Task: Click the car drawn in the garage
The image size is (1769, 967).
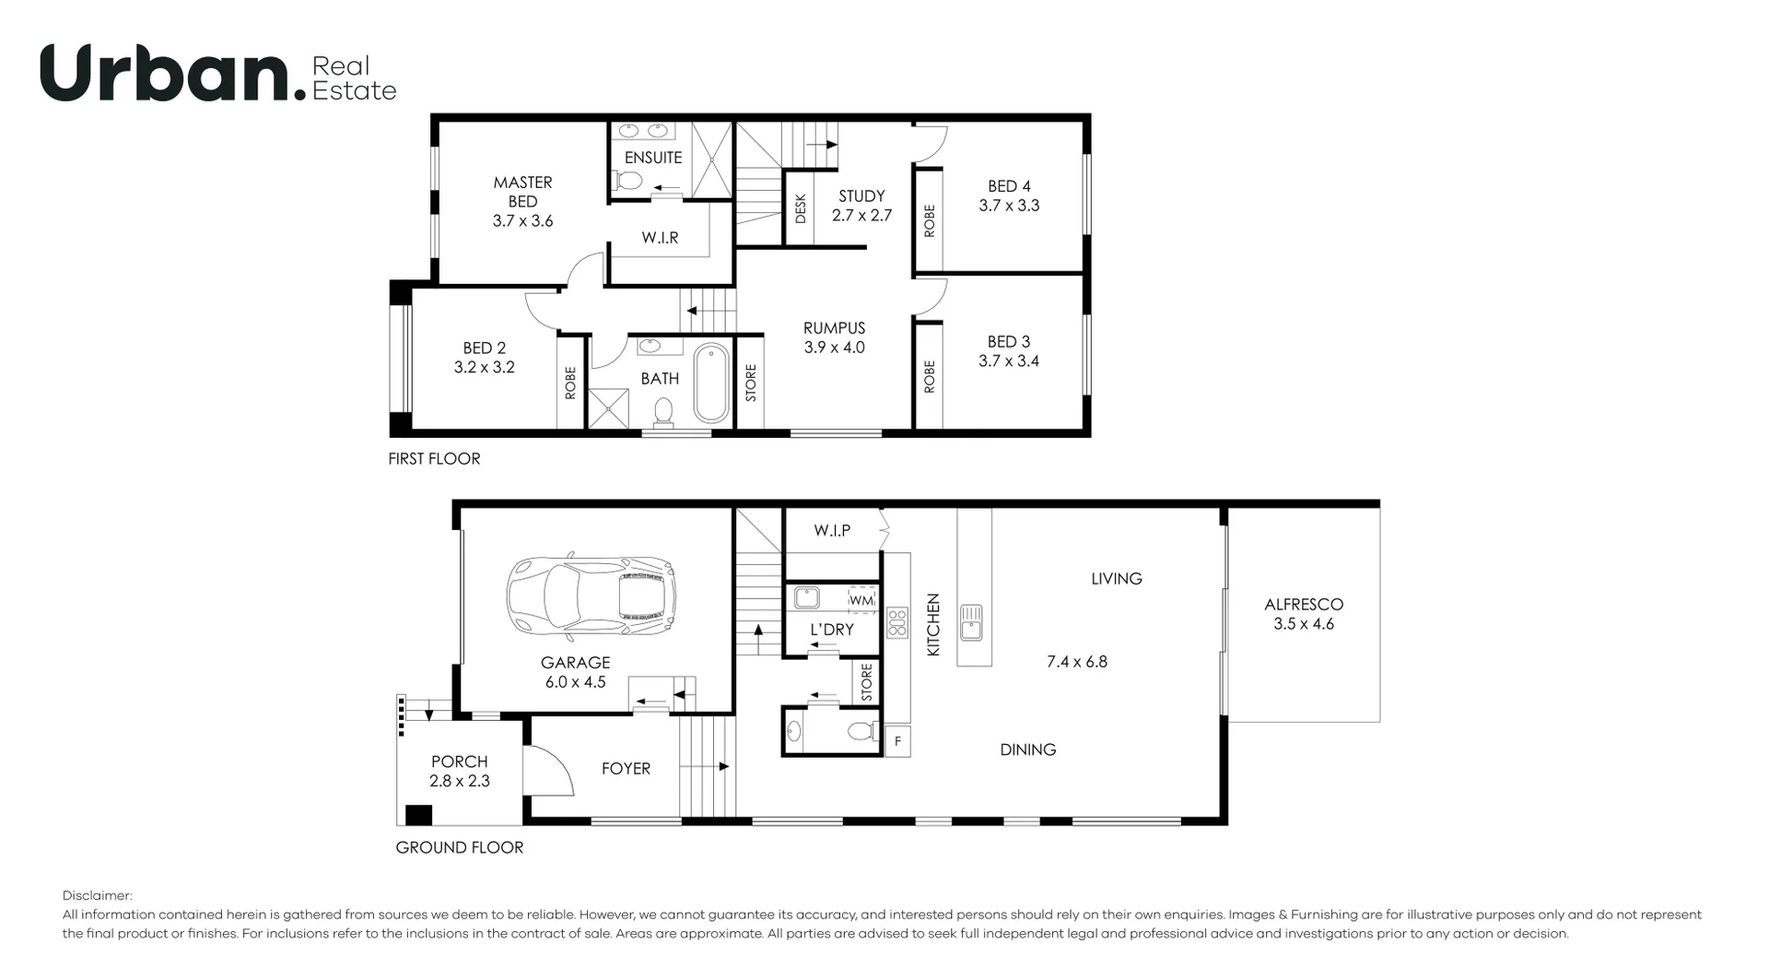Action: (592, 597)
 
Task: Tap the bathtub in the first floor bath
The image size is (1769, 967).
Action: (710, 383)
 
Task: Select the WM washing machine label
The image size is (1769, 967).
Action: (861, 600)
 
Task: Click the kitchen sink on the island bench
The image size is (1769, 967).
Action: (970, 622)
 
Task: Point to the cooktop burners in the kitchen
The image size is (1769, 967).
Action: (896, 622)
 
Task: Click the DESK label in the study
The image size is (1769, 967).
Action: (800, 208)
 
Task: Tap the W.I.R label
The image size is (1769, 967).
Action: (660, 238)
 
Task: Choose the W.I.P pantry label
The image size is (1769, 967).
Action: (832, 530)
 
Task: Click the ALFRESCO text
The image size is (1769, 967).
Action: (1304, 605)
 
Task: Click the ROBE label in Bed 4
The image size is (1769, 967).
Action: (929, 221)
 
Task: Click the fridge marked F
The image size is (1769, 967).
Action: (897, 742)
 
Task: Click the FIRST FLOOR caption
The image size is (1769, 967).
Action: (434, 458)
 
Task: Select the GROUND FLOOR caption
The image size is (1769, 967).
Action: (459, 847)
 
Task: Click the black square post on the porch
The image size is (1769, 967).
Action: (419, 815)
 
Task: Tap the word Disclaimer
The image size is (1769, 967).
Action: (98, 895)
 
